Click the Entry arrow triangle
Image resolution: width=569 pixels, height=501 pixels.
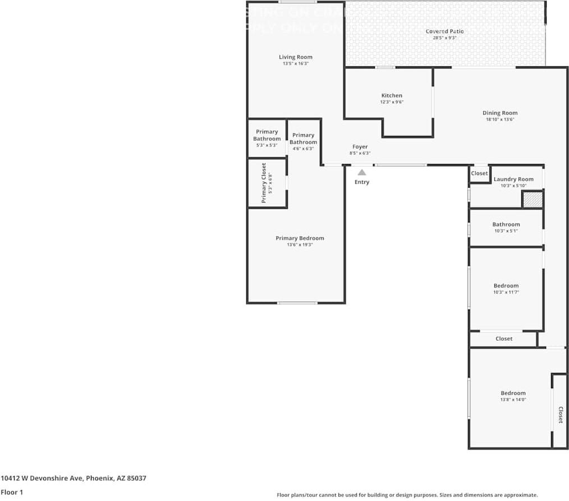(x=362, y=172)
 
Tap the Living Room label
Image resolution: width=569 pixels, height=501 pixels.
(x=296, y=57)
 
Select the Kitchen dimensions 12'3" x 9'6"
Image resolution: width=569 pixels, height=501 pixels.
(x=392, y=102)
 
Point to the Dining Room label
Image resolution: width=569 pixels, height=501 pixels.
(x=500, y=113)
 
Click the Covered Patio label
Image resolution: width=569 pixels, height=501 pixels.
(x=444, y=31)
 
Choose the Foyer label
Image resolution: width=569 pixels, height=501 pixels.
(x=360, y=147)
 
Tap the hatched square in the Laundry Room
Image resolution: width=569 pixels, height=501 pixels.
(x=533, y=199)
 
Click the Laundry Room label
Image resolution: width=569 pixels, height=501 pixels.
(x=513, y=179)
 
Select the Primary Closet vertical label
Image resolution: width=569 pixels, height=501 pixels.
(x=264, y=183)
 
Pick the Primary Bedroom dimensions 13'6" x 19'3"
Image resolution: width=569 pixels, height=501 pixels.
(x=300, y=245)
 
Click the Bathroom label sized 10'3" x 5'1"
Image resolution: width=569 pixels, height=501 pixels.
(x=506, y=225)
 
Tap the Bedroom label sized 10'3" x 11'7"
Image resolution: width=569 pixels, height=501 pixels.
(x=506, y=286)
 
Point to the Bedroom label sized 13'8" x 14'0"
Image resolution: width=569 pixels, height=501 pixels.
(x=513, y=393)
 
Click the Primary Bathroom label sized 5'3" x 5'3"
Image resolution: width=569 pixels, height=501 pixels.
(x=267, y=135)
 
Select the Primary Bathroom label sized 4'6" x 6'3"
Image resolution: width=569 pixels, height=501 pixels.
(x=303, y=138)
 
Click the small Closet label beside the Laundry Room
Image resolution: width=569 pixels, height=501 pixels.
(x=479, y=174)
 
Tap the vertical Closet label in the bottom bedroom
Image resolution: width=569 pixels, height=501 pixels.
(x=560, y=415)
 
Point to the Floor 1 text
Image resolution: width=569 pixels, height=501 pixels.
(x=12, y=492)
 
